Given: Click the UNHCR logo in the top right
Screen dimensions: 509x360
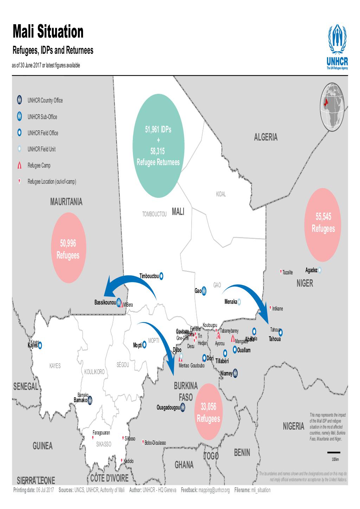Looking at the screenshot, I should (x=337, y=47).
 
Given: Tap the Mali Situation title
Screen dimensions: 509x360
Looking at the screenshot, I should (x=48, y=32).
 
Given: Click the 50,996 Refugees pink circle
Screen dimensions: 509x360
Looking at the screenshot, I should (x=68, y=249).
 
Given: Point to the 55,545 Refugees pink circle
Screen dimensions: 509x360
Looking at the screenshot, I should (x=323, y=222).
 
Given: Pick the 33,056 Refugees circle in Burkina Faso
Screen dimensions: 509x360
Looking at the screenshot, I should (x=208, y=412).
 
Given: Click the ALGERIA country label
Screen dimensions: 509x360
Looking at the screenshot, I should (x=265, y=137).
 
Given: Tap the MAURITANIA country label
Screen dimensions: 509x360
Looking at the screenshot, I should (x=66, y=202).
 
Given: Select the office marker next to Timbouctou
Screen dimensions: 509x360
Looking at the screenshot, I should (x=161, y=276).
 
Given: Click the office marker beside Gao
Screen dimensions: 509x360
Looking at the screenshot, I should (x=204, y=291).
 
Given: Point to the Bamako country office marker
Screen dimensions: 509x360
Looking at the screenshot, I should (x=90, y=400).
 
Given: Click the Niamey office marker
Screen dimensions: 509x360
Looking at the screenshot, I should (x=235, y=373).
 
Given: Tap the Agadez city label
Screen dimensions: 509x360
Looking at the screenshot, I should (x=311, y=270).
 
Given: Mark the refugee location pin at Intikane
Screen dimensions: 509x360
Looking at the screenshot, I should (x=270, y=308).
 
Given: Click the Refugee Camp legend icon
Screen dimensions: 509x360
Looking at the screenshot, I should (x=19, y=166).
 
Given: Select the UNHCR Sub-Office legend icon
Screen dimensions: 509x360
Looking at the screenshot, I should (x=19, y=117).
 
